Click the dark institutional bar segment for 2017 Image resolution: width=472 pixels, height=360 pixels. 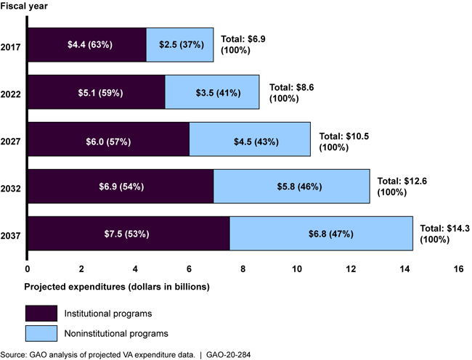(x=86, y=45)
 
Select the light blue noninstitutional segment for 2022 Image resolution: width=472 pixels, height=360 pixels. (x=212, y=92)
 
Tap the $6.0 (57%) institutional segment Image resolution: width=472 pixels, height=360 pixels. (x=108, y=139)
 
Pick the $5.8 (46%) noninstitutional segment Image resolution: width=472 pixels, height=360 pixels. (x=291, y=187)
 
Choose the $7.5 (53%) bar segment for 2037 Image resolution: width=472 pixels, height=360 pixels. (x=129, y=234)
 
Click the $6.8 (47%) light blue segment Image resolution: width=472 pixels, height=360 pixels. (x=321, y=234)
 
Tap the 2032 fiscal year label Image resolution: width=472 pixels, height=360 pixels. (x=12, y=187)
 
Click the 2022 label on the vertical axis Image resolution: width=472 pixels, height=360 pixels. (x=12, y=92)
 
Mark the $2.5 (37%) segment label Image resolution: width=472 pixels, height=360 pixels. (x=180, y=45)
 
